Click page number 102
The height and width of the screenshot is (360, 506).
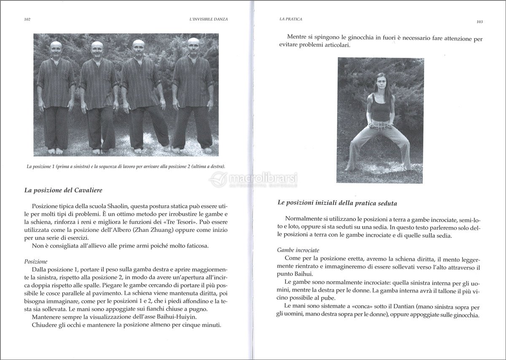click(27, 19)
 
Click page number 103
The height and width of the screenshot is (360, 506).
click(479, 21)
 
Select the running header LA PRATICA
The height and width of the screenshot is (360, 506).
click(291, 19)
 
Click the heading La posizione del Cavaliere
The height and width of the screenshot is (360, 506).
click(63, 190)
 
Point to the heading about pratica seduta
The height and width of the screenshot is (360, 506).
click(337, 203)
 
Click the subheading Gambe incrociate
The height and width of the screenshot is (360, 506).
click(298, 250)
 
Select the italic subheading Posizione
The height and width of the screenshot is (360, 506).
click(36, 261)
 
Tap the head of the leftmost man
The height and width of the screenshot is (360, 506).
click(56, 47)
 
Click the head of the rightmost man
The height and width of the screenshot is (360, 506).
click(194, 44)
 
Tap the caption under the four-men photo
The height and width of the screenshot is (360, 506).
click(126, 167)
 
